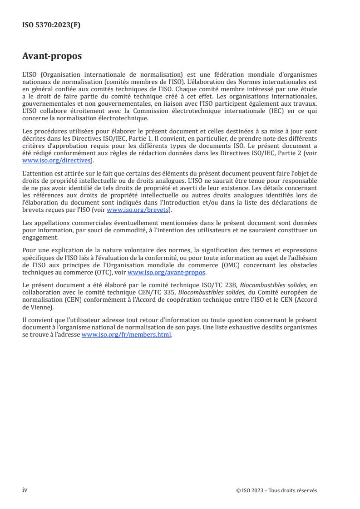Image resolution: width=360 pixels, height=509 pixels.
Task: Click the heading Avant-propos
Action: (x=52, y=57)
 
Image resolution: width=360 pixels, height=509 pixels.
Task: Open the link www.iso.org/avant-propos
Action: (x=167, y=272)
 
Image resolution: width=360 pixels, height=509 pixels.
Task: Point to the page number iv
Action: (x=25, y=489)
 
